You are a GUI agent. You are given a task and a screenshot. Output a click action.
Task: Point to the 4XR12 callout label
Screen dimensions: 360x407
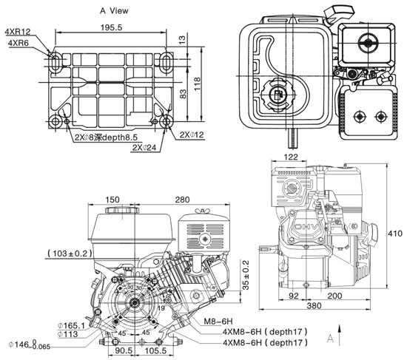(18, 32)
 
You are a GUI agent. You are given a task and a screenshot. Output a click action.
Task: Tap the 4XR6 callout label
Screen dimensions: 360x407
(18, 44)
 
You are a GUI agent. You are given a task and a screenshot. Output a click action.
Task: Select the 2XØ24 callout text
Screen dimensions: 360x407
(146, 147)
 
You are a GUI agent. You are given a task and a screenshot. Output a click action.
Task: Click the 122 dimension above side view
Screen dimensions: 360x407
(292, 157)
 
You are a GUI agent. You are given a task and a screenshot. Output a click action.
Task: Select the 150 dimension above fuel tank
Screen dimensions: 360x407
(112, 200)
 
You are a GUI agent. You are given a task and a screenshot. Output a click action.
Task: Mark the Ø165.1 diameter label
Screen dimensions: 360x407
(73, 325)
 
